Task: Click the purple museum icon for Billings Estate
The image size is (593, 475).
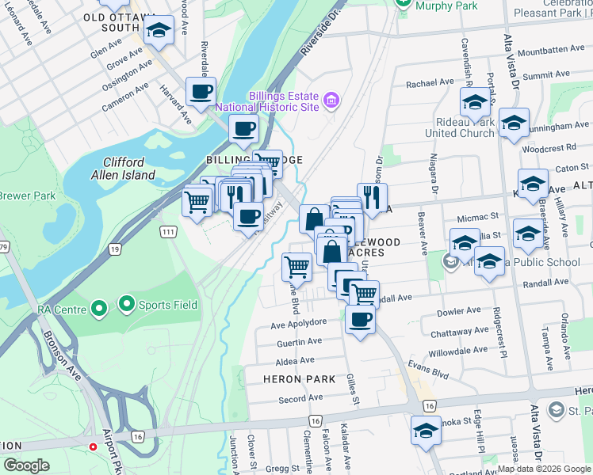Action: [x=331, y=100]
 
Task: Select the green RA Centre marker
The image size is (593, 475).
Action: [x=99, y=307]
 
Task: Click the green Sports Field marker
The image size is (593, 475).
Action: [x=125, y=303]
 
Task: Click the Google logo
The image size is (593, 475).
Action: [x=27, y=465]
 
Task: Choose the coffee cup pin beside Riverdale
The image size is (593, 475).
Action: [x=201, y=91]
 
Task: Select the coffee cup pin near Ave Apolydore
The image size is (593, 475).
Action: [x=360, y=320]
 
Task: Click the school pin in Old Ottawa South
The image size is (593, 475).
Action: [x=160, y=32]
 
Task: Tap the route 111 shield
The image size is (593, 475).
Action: [x=167, y=230]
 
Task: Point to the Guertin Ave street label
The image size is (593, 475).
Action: [x=299, y=341]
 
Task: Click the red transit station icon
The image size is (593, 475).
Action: [x=94, y=446]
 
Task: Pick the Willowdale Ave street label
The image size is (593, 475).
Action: [x=458, y=350]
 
